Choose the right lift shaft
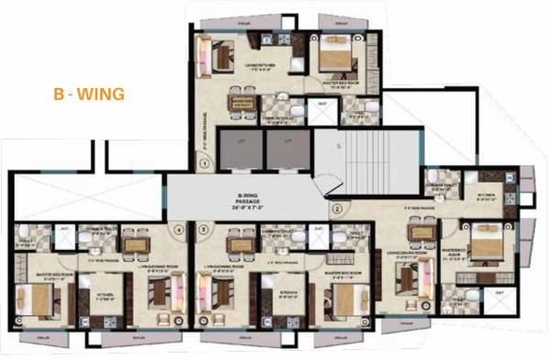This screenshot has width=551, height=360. pyautogui.click(x=287, y=150)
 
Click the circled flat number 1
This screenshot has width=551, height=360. pyautogui.click(x=204, y=163)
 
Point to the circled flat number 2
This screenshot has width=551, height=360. pyautogui.click(x=337, y=208)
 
